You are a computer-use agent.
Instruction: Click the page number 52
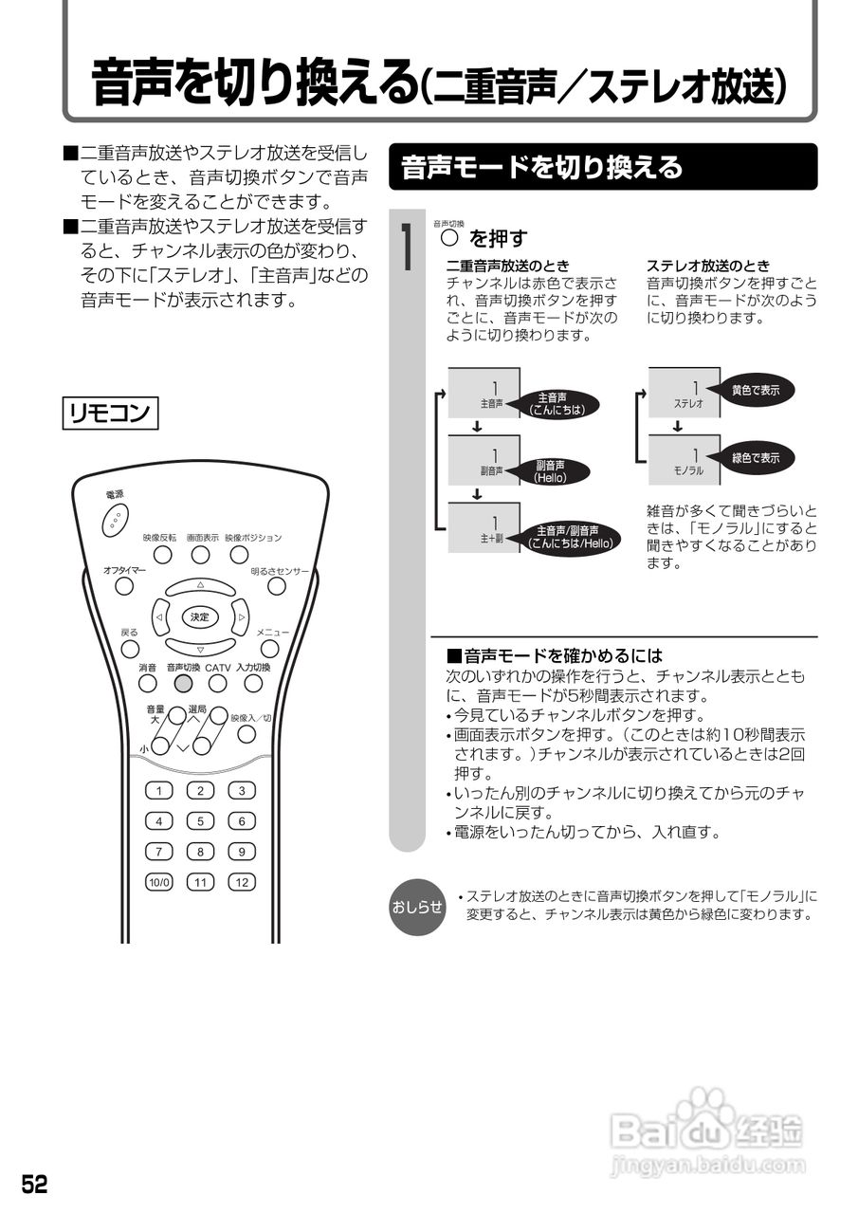35,1184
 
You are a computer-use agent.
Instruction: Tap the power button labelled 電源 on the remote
115,518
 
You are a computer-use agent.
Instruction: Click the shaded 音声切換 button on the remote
184,683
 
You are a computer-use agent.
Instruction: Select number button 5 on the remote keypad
200,821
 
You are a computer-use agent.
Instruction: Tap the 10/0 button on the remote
159,882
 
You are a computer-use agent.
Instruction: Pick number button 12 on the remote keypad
242,882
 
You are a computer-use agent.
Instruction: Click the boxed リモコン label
110,414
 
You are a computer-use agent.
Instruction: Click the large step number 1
406,248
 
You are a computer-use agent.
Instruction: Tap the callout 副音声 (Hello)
550,471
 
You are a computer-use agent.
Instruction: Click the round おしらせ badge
417,907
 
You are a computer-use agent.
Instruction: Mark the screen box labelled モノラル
685,460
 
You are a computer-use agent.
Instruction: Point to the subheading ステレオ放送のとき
708,266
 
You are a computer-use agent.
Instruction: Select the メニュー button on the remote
270,649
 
